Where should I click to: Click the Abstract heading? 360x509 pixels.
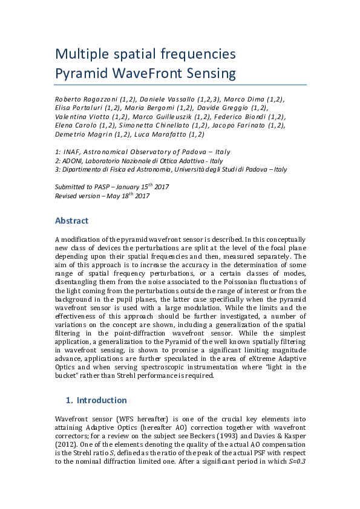pyautogui.click(x=72, y=221)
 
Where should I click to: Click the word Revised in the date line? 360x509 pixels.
pyautogui.click(x=67, y=196)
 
